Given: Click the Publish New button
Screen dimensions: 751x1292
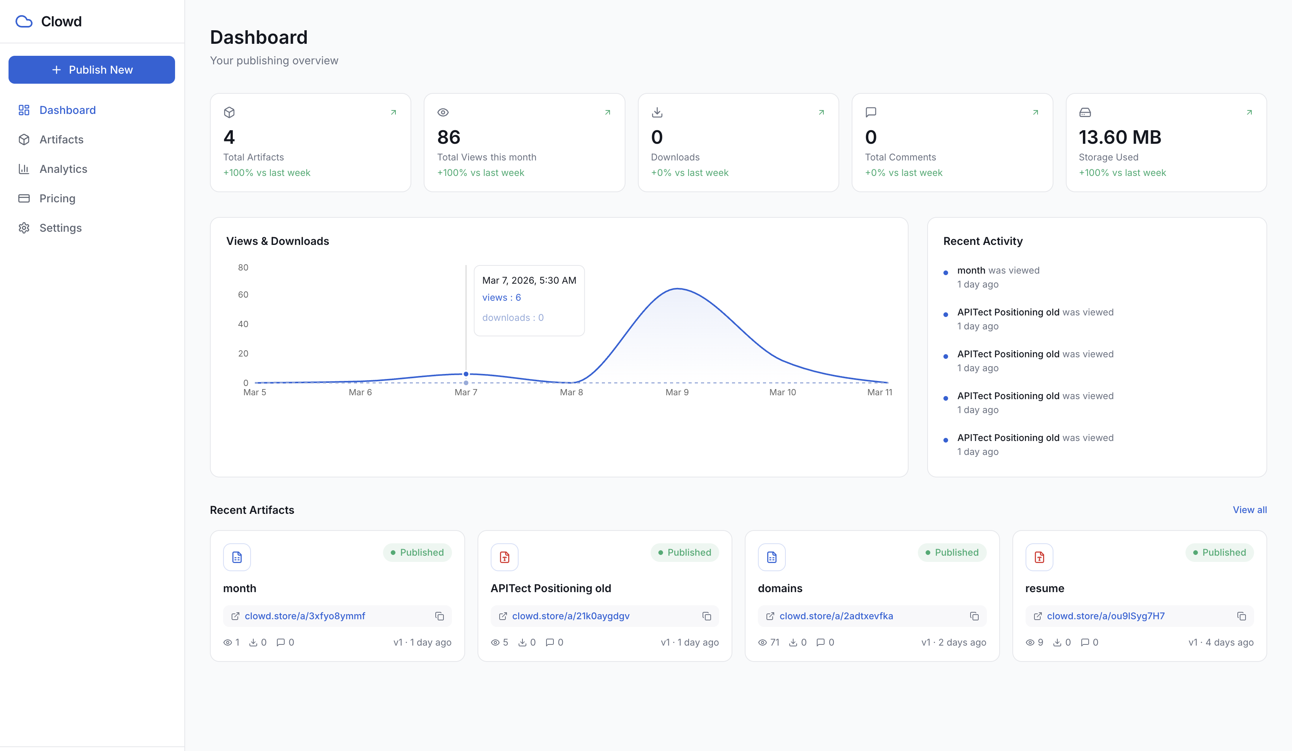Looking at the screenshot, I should tap(92, 70).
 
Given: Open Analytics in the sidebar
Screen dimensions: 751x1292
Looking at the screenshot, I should tap(63, 169).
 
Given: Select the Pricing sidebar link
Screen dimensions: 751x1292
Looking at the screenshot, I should tap(57, 198).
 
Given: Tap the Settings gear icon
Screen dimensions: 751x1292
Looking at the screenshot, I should tap(24, 228).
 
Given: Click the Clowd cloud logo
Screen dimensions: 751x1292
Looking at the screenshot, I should tap(24, 22).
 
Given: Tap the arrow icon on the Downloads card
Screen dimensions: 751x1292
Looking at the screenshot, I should tap(821, 112).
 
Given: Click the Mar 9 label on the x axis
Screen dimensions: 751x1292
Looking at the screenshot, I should tap(677, 393).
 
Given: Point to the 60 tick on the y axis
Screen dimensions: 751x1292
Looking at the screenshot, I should tap(243, 295).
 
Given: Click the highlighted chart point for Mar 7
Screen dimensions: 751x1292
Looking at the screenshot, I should tap(466, 374).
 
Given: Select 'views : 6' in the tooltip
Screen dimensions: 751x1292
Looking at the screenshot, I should tap(502, 298).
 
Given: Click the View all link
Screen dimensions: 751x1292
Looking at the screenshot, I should tap(1249, 510).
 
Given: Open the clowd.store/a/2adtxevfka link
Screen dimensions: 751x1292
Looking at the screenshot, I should tap(836, 616).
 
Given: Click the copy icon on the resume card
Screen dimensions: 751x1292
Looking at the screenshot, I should tap(1241, 616).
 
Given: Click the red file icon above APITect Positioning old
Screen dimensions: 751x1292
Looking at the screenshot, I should tap(505, 557).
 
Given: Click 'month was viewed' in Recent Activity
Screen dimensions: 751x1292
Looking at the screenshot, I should tap(998, 270).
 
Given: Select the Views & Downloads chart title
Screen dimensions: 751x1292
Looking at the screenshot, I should tap(277, 241).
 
